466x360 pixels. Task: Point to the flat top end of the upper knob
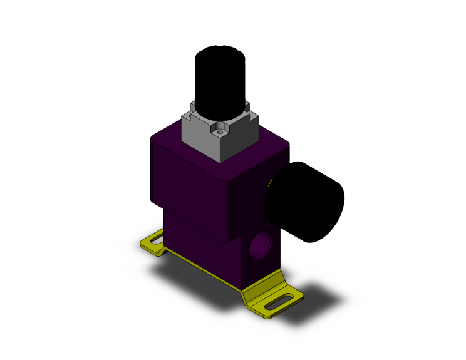221,52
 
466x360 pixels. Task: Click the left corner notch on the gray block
187,116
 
